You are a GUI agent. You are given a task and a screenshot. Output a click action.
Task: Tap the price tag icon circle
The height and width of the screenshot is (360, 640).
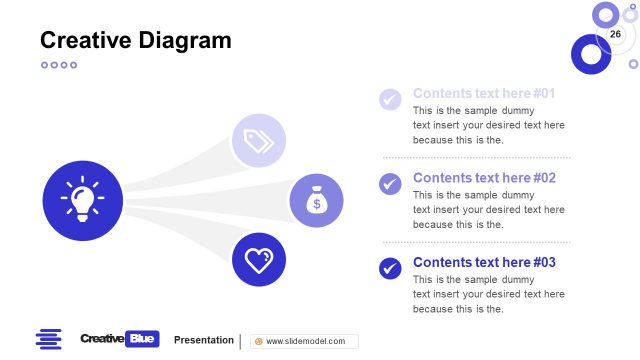click(x=259, y=140)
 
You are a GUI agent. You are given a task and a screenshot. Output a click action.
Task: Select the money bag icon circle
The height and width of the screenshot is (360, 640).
click(x=316, y=200)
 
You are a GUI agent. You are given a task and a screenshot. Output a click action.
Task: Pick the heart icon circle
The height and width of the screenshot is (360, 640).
click(x=259, y=260)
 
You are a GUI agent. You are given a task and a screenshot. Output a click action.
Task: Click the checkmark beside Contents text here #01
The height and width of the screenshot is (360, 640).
click(x=390, y=99)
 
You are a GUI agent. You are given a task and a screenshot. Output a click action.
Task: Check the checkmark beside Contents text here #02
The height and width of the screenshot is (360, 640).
click(x=390, y=184)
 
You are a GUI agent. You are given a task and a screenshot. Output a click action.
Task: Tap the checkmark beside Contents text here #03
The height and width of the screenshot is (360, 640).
click(x=390, y=268)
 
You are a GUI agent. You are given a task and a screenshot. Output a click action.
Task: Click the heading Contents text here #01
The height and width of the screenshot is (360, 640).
click(x=484, y=93)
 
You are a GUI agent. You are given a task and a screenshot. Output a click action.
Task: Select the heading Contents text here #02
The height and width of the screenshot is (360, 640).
click(x=484, y=178)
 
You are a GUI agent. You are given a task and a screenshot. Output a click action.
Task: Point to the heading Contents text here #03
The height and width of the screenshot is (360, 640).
click(x=484, y=262)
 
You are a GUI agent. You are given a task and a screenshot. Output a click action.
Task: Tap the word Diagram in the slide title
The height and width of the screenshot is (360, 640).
click(x=187, y=41)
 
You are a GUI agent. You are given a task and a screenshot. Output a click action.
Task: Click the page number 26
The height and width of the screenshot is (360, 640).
click(x=615, y=35)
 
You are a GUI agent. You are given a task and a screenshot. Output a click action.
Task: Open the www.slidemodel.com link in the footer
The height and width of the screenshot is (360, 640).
click(x=304, y=341)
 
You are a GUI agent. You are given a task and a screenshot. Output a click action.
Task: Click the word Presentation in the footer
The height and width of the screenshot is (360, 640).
click(x=203, y=340)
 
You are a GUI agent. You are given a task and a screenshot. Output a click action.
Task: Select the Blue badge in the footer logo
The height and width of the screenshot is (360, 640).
click(x=143, y=339)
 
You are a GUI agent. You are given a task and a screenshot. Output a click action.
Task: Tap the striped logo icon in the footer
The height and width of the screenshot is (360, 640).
click(x=48, y=339)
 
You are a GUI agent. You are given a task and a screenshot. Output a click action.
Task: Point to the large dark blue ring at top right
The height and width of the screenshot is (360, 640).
click(x=590, y=54)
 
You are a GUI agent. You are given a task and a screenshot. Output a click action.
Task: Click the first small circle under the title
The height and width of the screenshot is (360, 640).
click(x=44, y=65)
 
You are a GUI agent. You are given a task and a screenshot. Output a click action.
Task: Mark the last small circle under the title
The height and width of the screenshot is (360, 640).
click(x=73, y=65)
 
